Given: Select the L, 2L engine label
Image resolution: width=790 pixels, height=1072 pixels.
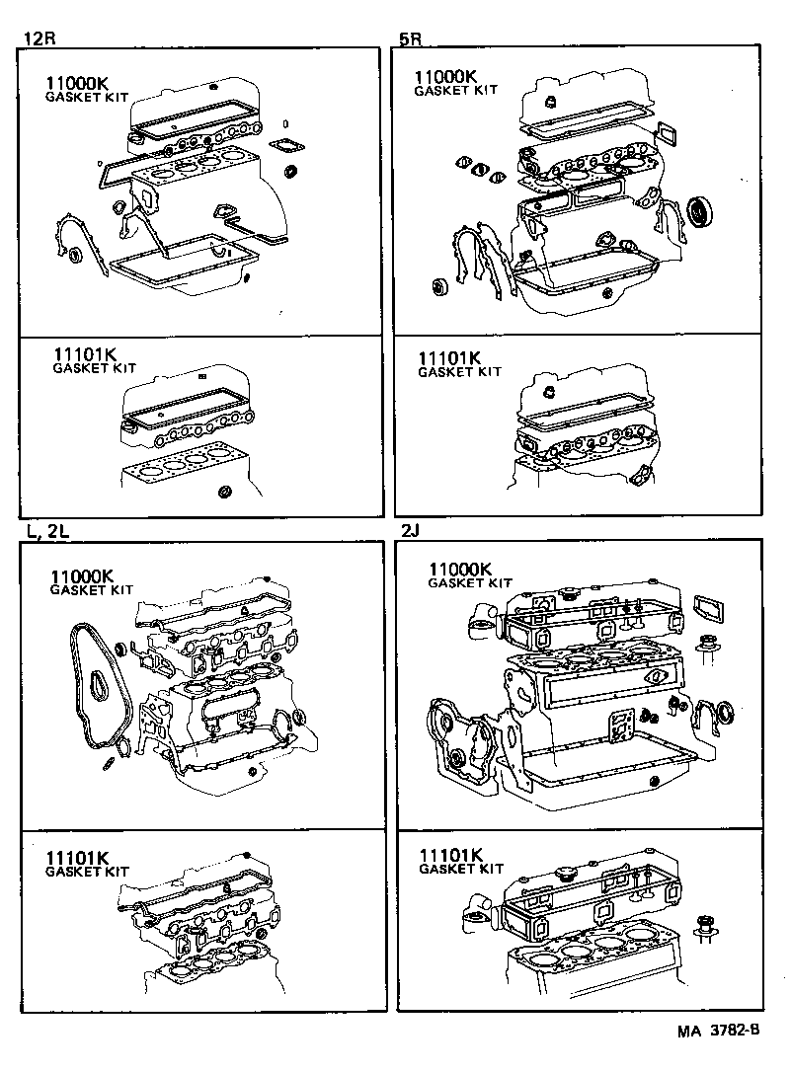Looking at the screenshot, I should (47, 530).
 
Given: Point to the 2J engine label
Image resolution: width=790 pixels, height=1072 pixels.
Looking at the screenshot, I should (412, 530).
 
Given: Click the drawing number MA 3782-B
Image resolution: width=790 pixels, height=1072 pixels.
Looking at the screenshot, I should (718, 1032).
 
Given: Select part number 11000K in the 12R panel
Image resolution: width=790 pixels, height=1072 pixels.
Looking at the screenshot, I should (80, 84).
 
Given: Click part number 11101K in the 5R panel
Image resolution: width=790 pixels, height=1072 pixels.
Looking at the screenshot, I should (452, 358).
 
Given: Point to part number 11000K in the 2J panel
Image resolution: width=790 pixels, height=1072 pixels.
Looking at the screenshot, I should (460, 570).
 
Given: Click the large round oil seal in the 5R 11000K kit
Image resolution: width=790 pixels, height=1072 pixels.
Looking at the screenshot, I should (699, 210).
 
